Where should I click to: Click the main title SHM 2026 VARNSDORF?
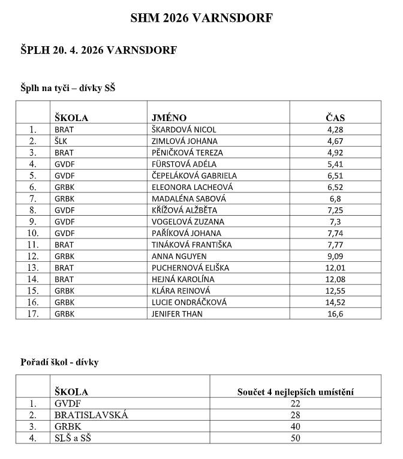(201, 19)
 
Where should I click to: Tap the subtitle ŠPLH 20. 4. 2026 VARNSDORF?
(98, 50)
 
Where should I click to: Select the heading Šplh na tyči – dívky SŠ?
(68, 88)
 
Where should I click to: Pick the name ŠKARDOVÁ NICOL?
(184, 129)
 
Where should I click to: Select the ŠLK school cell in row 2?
(61, 141)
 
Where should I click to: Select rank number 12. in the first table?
(32, 256)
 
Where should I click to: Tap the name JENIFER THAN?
(177, 313)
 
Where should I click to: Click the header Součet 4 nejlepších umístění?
(295, 392)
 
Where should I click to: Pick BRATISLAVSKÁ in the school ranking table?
(91, 415)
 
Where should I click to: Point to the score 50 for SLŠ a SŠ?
(295, 438)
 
